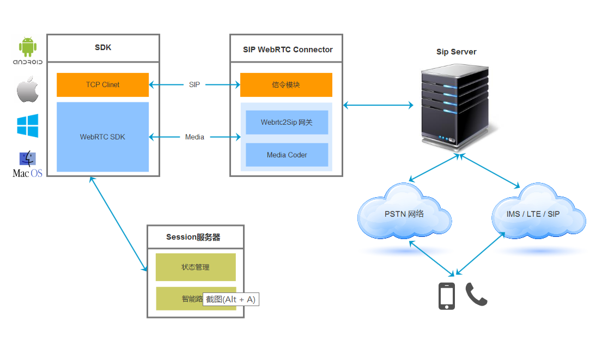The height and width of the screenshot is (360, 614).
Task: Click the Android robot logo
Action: (28, 47)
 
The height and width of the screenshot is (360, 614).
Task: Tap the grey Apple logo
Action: (27, 89)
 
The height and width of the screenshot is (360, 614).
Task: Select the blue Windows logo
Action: (28, 125)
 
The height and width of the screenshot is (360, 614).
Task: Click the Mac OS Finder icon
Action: (27, 158)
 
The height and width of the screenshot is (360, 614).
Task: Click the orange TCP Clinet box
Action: (102, 85)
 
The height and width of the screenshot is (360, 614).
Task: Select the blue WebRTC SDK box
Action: (102, 137)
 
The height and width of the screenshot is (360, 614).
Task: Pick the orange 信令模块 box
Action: (286, 85)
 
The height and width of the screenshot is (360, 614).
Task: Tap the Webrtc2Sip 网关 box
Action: (287, 123)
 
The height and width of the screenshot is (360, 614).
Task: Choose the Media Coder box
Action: (287, 155)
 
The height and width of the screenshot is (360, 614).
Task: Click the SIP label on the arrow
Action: (194, 85)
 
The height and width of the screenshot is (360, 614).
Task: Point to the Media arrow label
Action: (194, 137)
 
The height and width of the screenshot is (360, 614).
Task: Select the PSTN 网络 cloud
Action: (404, 214)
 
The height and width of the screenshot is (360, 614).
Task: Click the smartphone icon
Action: (447, 296)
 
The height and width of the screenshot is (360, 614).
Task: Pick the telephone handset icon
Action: (476, 295)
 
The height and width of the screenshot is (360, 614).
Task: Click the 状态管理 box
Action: (196, 267)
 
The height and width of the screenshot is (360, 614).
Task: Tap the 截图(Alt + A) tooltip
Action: (230, 300)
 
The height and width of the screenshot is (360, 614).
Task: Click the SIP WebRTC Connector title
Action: (288, 50)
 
